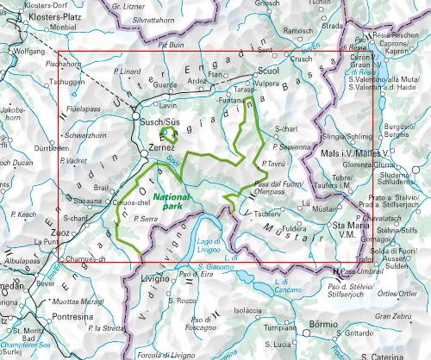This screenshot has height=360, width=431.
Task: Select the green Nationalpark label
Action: pyautogui.click(x=174, y=202)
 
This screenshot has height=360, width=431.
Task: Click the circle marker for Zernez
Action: pyautogui.click(x=144, y=153)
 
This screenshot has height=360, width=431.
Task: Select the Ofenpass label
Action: pyautogui.click(x=275, y=191)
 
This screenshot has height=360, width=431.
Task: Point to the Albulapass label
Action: pyautogui.click(x=17, y=258)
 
